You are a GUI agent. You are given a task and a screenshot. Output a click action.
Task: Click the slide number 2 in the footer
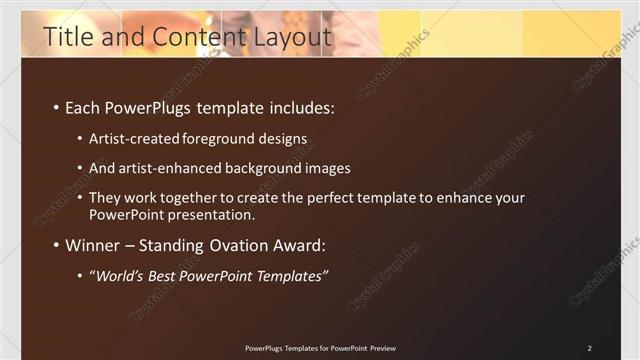(x=590, y=348)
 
